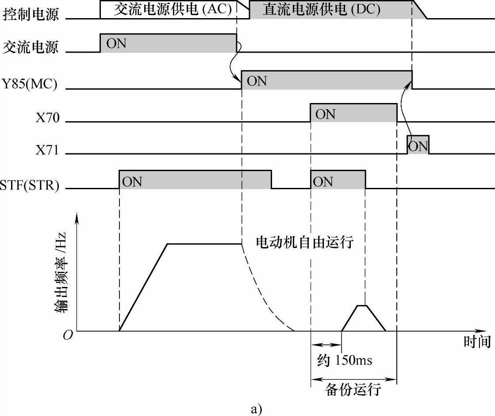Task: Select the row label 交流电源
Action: [x=31, y=47]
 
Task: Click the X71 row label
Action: [x=47, y=149]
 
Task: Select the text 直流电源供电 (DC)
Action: [x=321, y=10]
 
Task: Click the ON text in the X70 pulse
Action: [x=326, y=114]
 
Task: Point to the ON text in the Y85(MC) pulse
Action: [x=257, y=81]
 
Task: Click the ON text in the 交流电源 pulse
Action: [x=116, y=44]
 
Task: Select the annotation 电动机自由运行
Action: [x=305, y=242]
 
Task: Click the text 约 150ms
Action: [x=345, y=360]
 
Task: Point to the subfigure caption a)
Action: [x=256, y=409]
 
